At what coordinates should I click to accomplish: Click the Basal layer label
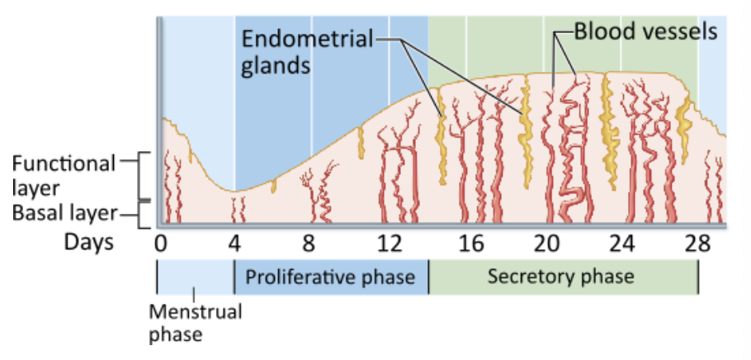(64, 214)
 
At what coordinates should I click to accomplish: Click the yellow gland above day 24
(611, 136)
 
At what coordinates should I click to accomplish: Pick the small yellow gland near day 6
(273, 187)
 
